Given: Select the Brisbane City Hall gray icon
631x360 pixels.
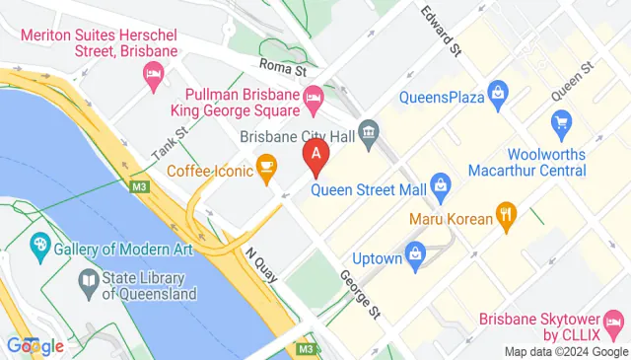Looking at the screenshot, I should click(x=369, y=131).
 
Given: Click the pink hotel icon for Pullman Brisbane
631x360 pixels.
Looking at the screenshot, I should click(x=314, y=97).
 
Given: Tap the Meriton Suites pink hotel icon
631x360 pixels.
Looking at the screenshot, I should click(x=153, y=74).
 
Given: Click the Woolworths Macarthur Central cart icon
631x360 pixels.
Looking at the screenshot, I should click(x=563, y=123).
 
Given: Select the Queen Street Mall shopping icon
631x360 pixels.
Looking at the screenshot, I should click(x=441, y=183).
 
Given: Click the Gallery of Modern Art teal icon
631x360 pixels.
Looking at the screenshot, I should click(x=40, y=243).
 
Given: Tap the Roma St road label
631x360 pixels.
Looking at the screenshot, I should click(x=284, y=66).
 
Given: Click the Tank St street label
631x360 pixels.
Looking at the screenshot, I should click(x=170, y=146).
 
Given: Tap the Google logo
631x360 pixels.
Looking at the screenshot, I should click(x=35, y=345).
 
